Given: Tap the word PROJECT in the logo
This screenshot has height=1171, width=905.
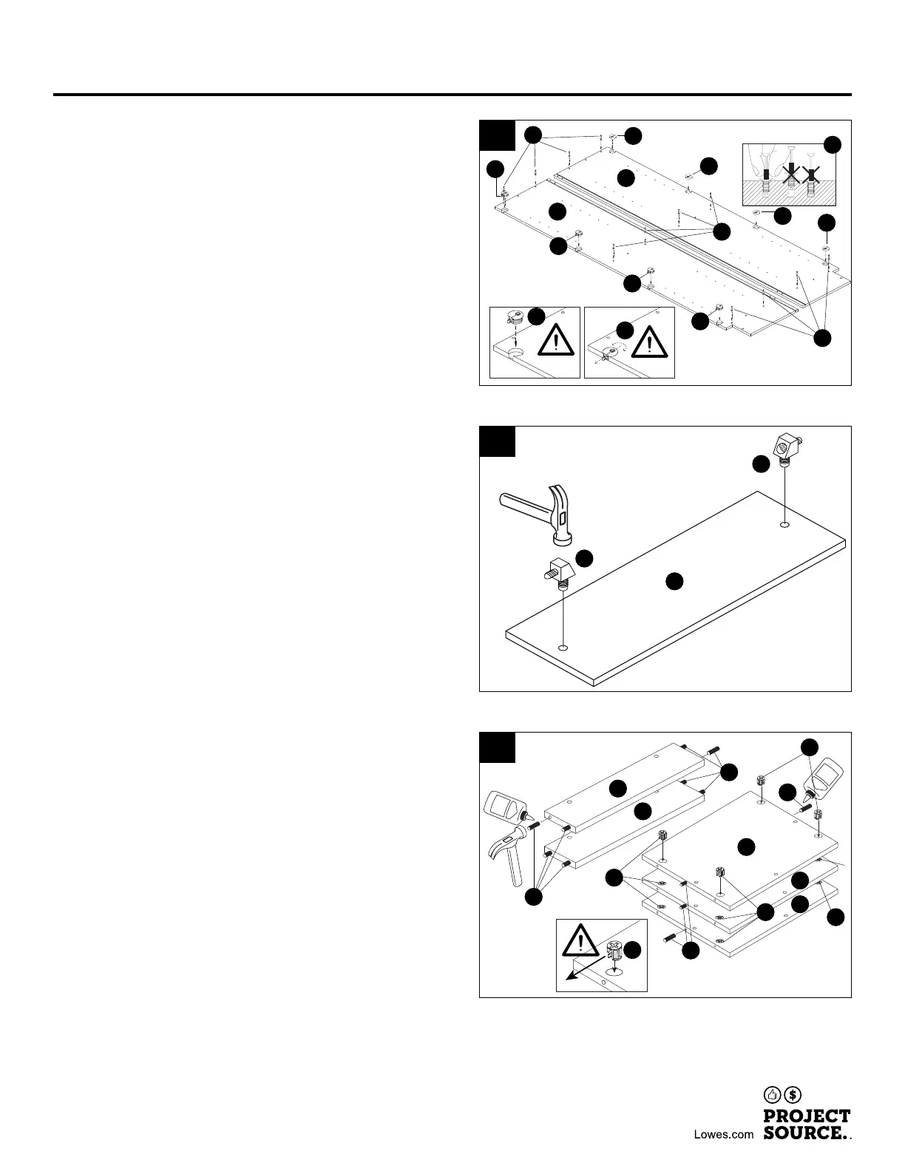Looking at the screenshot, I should pos(807,1116).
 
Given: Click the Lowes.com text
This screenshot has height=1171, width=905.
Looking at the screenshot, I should pos(724,1134).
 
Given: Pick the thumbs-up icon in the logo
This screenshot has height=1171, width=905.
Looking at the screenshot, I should pos(773,1094).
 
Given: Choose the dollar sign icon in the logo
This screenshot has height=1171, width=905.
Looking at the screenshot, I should pos(793,1094).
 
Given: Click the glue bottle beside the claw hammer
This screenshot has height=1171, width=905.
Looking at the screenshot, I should pos(506,809).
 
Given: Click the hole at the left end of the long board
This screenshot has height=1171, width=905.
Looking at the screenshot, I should pos(563,648).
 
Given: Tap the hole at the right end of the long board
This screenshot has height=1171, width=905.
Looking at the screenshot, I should pos(784,525).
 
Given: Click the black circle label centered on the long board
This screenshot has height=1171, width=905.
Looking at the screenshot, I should pos(674,581).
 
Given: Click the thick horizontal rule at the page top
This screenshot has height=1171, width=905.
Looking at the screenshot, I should pos(452,95).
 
